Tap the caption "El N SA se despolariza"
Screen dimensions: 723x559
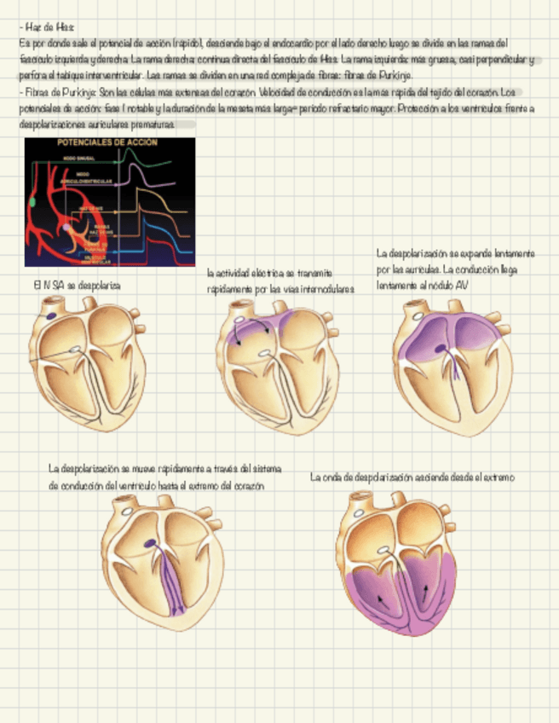coord(77,286)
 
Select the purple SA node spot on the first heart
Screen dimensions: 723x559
coord(51,316)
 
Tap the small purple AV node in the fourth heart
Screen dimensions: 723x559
coord(150,542)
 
